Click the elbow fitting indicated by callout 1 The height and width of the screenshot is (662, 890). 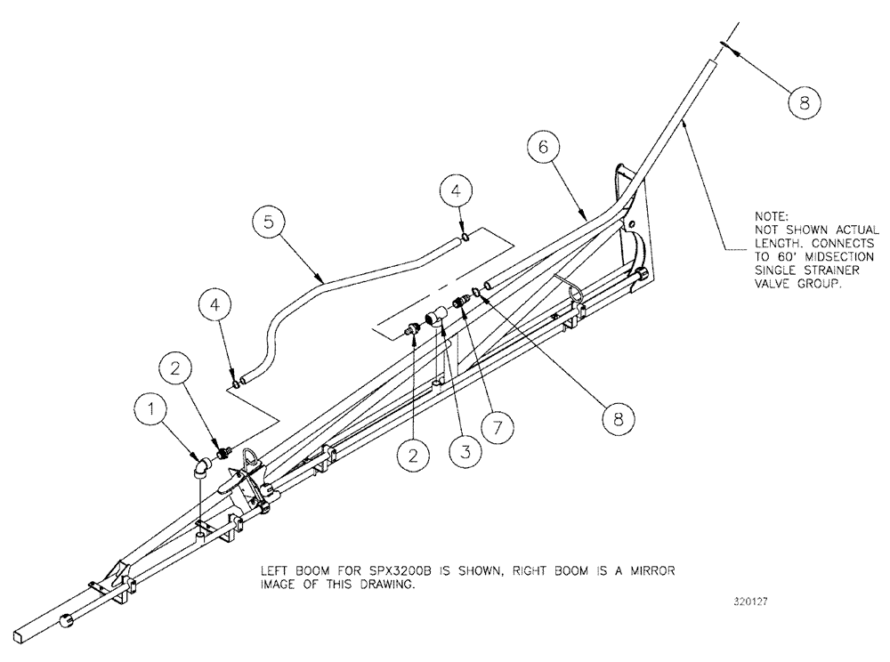(x=203, y=466)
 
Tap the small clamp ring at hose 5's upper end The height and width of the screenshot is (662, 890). (x=465, y=238)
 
